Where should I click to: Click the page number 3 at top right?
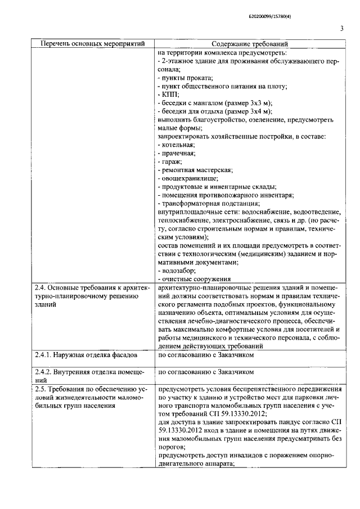pyautogui.click(x=341, y=30)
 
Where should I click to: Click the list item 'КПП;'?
pyautogui.click(x=170, y=94)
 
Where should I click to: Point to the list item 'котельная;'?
pyautogui.click(x=179, y=145)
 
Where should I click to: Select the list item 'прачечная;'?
pyautogui.click(x=178, y=153)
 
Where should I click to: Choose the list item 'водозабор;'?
pyautogui.click(x=178, y=271)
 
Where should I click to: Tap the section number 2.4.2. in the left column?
pyautogui.click(x=47, y=372)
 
